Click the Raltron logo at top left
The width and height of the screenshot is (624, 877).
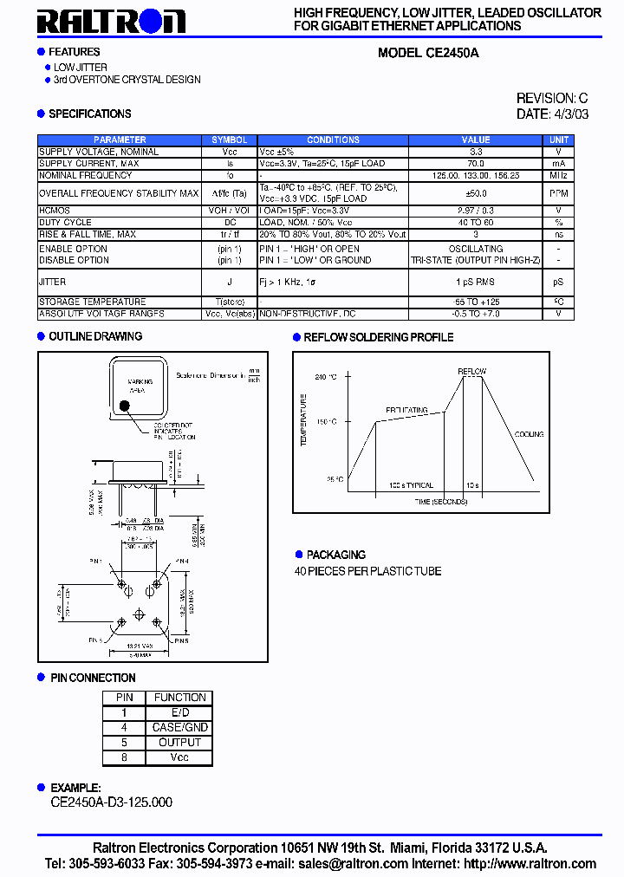click(x=112, y=21)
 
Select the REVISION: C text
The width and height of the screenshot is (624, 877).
click(x=552, y=99)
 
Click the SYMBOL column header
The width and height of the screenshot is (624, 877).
click(x=230, y=140)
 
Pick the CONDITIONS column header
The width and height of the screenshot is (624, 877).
click(x=333, y=140)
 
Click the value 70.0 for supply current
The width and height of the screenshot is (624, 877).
click(x=475, y=163)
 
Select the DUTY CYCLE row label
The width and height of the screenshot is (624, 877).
click(x=65, y=223)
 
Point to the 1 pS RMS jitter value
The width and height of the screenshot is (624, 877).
click(x=475, y=282)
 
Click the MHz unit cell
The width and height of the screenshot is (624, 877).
click(x=559, y=175)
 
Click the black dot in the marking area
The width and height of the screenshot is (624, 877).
click(x=125, y=405)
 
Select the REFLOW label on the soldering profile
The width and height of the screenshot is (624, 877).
click(x=472, y=372)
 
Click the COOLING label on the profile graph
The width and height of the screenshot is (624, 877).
click(x=529, y=434)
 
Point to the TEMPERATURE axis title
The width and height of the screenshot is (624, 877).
click(x=304, y=420)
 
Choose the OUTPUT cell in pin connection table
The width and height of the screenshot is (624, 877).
click(x=179, y=743)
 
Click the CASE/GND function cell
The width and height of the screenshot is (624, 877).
click(x=179, y=728)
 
